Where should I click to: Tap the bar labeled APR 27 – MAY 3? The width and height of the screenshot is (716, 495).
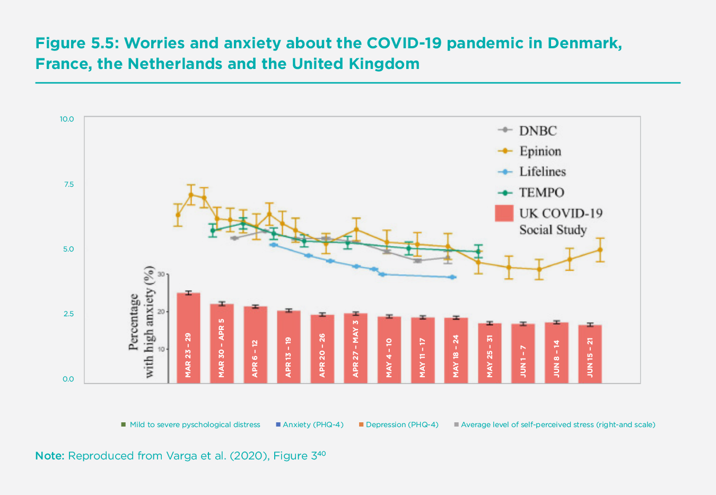tap(355, 348)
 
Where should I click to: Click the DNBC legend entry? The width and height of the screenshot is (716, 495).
tap(537, 131)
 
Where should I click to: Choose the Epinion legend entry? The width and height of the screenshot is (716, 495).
tap(539, 151)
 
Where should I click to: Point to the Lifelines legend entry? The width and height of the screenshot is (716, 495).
tap(542, 172)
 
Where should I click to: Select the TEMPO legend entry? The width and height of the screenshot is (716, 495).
tap(540, 193)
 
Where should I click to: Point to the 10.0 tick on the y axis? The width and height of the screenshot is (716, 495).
tap(67, 119)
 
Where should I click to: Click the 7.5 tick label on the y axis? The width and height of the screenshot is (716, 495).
tap(68, 184)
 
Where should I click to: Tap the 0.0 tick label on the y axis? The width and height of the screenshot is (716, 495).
tap(68, 379)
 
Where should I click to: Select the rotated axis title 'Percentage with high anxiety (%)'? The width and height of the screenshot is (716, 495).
tap(142, 322)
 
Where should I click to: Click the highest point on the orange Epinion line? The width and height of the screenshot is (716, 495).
tap(190, 195)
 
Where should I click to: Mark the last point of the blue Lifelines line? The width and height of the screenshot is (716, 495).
tap(452, 277)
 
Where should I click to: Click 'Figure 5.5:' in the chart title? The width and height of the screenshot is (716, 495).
tap(76, 43)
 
